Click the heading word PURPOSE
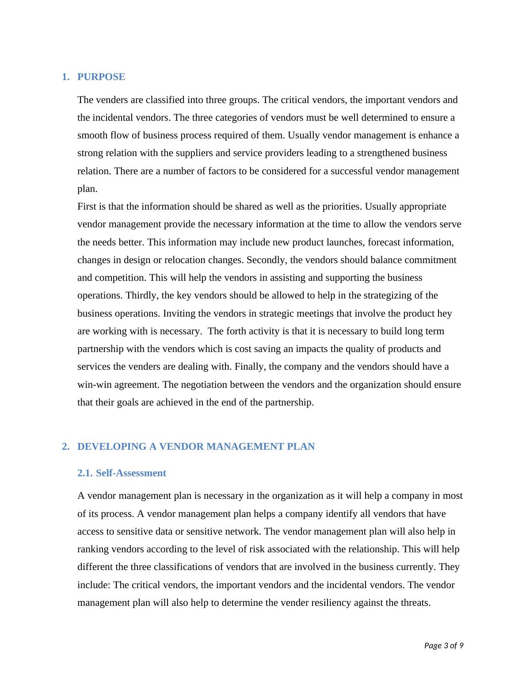tap(101, 77)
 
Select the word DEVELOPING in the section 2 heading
tap(112, 447)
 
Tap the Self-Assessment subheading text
tap(131, 473)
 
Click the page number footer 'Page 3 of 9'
tap(443, 646)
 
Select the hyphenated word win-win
tap(93, 385)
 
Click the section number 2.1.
tap(85, 473)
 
